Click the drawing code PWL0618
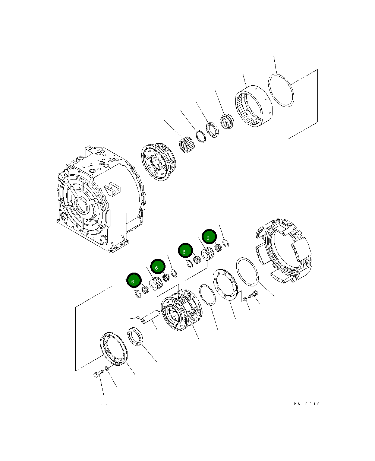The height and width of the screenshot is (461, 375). click(x=306, y=404)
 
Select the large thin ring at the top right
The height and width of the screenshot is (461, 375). click(x=281, y=90)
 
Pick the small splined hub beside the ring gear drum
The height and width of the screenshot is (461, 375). click(x=226, y=122)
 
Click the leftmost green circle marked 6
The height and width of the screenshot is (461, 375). click(x=133, y=281)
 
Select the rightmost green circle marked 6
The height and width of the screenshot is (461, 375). click(x=209, y=237)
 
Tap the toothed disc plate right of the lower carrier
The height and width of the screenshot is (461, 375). click(x=226, y=284)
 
